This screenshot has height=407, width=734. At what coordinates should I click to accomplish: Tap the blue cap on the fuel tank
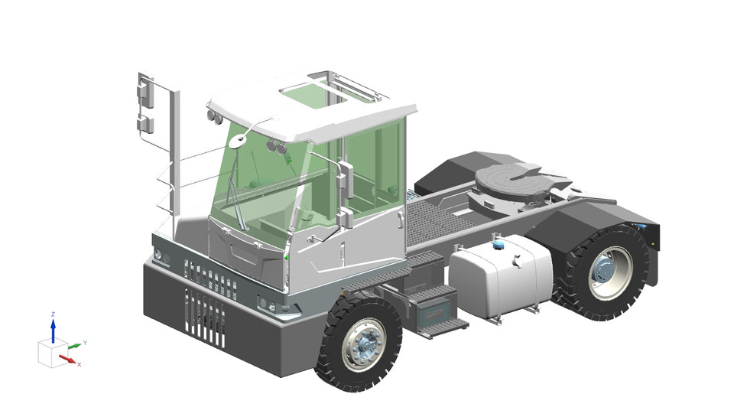click(499, 246)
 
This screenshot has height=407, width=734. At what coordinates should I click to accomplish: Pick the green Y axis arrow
click(73, 347)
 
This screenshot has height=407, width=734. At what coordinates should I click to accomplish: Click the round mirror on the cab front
click(239, 141)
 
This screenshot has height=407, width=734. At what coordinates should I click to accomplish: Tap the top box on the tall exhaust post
click(144, 93)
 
